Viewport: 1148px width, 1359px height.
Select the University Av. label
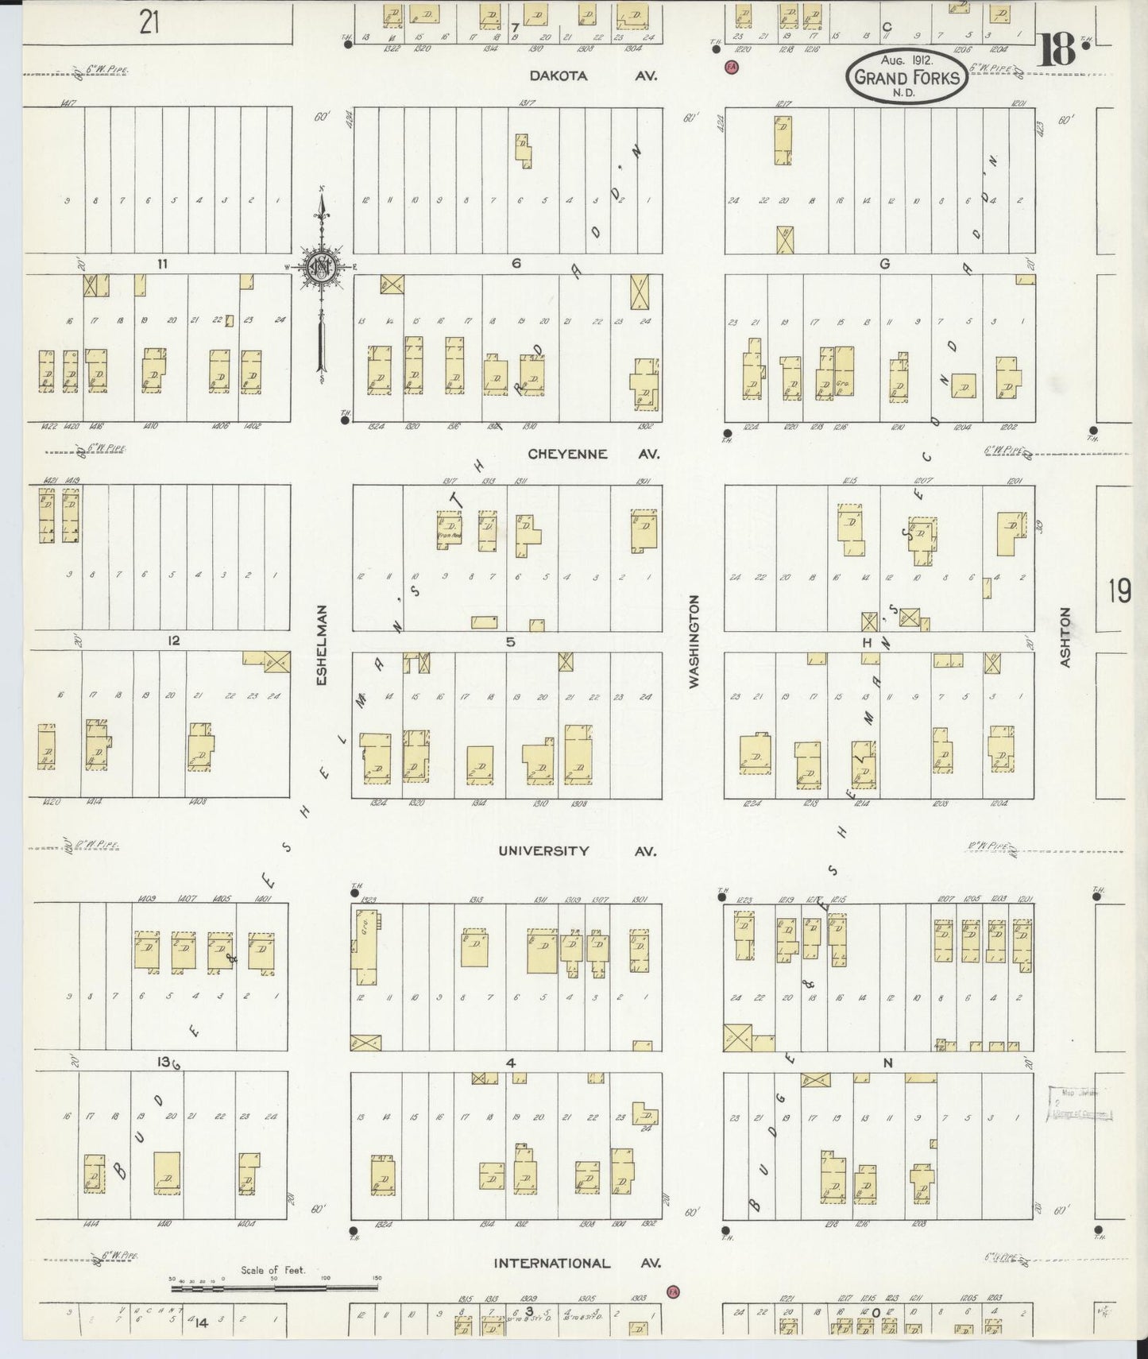577,851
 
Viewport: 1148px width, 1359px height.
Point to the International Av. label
576,1263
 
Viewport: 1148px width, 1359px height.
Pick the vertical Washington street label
694,641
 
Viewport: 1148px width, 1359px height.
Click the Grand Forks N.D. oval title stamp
906,77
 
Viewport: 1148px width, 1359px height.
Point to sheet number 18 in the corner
1057,52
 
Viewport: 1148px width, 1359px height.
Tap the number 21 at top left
149,22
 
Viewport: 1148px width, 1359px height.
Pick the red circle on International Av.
674,1291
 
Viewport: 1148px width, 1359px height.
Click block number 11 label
161,264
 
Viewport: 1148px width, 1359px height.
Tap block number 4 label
510,1063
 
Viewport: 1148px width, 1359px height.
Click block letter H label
868,641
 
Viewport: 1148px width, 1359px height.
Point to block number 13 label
164,1062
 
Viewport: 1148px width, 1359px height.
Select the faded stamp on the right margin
1080,1105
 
